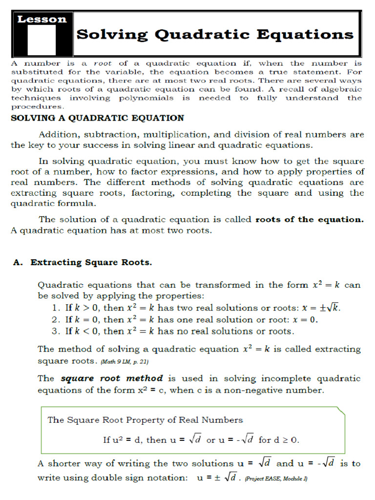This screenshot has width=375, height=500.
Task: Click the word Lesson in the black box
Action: [42, 20]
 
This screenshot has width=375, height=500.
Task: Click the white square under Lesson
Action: [42, 40]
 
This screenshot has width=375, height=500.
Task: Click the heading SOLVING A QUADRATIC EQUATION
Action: [97, 118]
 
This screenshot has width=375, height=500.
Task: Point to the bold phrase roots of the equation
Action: [310, 219]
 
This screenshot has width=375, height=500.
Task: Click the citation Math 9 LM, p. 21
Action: [125, 362]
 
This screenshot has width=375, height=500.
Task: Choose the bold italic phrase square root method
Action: [111, 378]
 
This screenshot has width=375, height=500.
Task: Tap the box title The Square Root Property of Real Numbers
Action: [145, 419]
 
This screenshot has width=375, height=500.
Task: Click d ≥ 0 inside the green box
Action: [285, 440]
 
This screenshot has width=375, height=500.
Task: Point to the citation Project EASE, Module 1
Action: [276, 479]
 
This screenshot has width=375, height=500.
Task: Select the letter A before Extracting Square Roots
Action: [18, 262]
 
